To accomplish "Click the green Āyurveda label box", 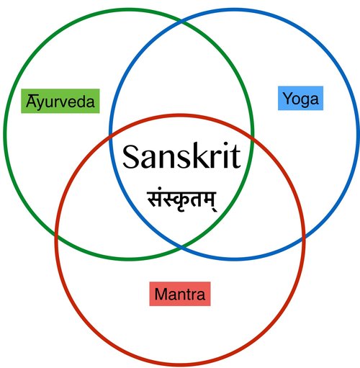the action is (x=60, y=101).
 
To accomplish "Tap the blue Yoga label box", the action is (x=300, y=98).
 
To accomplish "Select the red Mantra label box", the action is (x=180, y=294).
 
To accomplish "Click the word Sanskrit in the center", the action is (x=181, y=156).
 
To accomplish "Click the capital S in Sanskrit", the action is (x=130, y=157).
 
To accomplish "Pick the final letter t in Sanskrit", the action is (x=235, y=157).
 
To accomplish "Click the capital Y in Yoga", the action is (x=289, y=98).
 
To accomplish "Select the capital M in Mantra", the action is (x=161, y=294).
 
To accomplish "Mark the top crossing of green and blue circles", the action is (x=181, y=22).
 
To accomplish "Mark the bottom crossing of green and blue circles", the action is (x=181, y=246).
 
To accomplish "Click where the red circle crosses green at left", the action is (x=56, y=233).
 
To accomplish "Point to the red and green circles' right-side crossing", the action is (x=251, y=138).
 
